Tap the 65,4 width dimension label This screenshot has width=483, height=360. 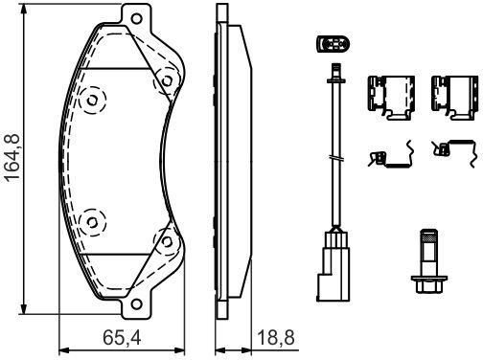click(122, 337)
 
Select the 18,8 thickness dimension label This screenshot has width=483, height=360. click(276, 337)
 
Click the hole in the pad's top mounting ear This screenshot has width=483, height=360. click(136, 18)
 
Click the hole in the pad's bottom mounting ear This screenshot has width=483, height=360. click(136, 304)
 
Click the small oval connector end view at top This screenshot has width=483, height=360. click(333, 44)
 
